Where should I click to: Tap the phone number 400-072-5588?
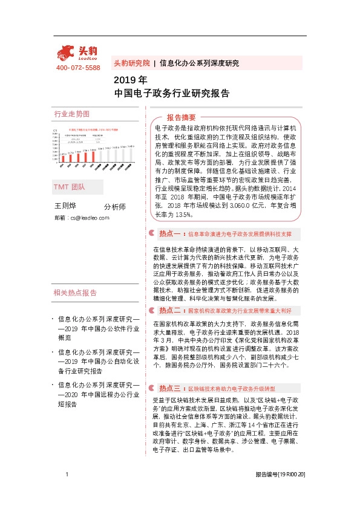[x=78, y=68]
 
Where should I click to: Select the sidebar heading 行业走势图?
[x=72, y=114]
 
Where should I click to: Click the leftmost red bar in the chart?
[x=61, y=158]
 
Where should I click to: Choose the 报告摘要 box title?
[x=182, y=117]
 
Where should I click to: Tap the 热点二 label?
[x=169, y=310]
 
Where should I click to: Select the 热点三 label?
[x=169, y=387]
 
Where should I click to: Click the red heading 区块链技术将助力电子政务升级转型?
[x=232, y=388]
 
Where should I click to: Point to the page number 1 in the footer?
[x=66, y=492]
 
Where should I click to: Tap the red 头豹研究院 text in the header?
[x=131, y=63]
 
